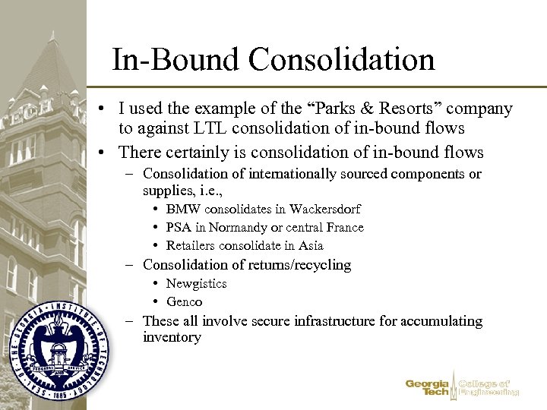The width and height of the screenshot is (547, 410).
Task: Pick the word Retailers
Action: click(x=191, y=246)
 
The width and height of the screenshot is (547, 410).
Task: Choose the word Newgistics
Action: click(x=197, y=283)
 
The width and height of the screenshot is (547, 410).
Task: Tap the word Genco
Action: click(x=185, y=301)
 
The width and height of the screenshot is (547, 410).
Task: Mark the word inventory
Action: click(x=172, y=337)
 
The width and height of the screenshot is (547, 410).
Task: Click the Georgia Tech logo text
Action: click(x=428, y=388)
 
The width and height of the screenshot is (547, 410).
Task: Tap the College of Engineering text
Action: click(x=489, y=388)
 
